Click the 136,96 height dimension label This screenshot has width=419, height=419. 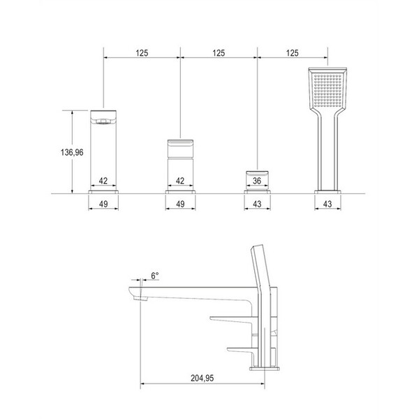(x=72, y=152)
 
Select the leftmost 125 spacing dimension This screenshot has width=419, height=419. (x=142, y=53)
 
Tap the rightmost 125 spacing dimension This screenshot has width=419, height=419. (x=292, y=53)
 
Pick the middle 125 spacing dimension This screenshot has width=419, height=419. (x=219, y=53)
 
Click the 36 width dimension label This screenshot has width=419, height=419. (x=257, y=181)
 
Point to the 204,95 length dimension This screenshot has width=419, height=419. (x=203, y=378)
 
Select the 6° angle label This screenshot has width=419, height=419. (x=155, y=276)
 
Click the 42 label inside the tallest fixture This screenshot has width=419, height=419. (x=103, y=181)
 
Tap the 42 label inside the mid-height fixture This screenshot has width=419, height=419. (x=180, y=181)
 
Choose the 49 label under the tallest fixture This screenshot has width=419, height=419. (x=103, y=204)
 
